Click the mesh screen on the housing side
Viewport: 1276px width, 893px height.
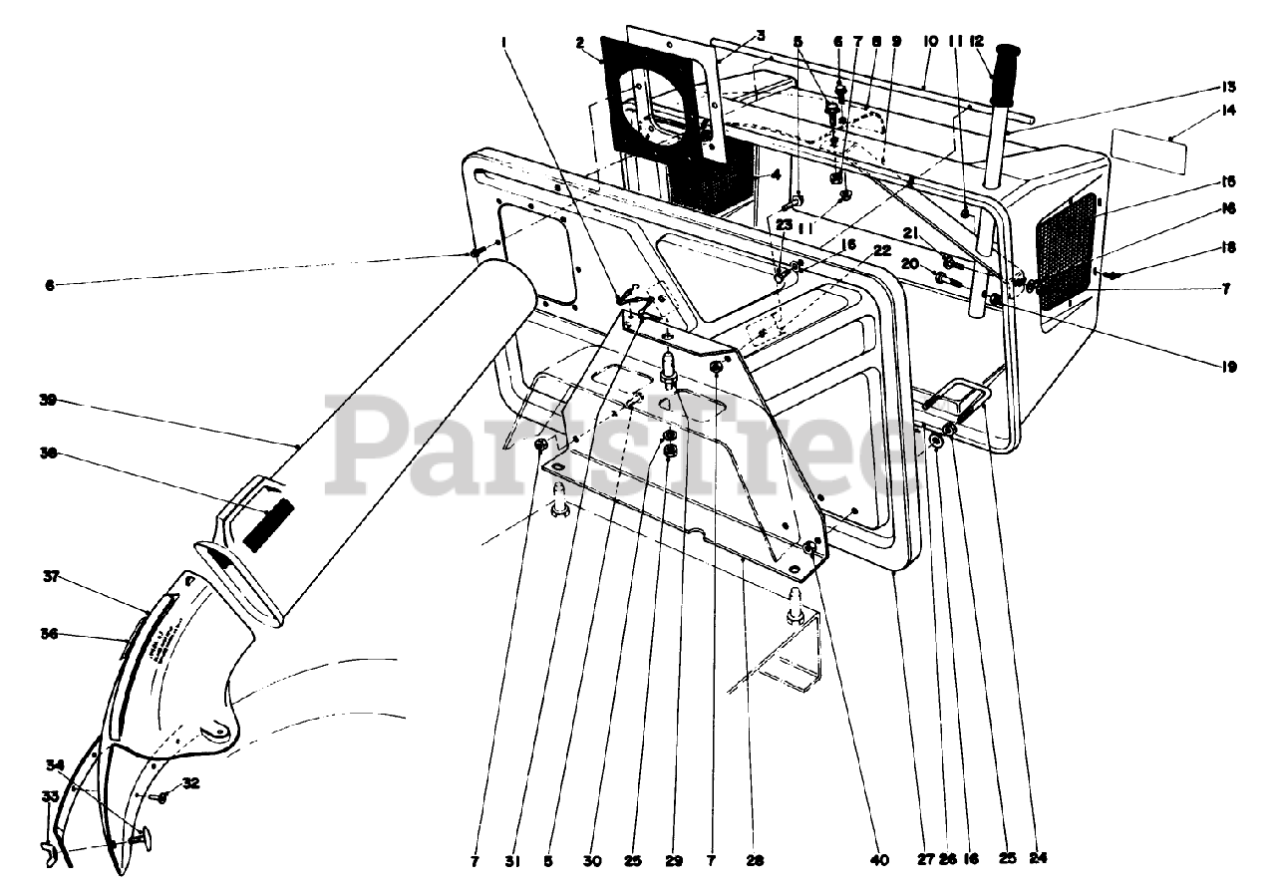pos(1066,254)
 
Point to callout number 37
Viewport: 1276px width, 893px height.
pos(52,577)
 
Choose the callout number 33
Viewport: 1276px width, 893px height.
pos(49,796)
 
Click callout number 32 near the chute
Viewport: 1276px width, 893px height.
pos(190,783)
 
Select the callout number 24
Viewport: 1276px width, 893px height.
pos(1041,857)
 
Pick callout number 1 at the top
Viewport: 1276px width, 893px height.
pos(505,42)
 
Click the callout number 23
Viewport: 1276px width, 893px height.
pos(784,225)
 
